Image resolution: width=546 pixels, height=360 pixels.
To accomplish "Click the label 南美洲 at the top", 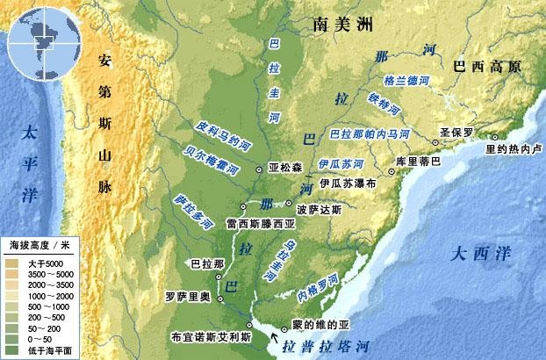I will [343, 26].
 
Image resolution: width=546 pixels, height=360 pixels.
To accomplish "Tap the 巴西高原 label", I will [485, 67].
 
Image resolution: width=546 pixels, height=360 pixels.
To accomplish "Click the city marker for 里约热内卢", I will [495, 137].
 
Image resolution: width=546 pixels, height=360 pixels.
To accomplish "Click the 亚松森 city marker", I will [259, 168].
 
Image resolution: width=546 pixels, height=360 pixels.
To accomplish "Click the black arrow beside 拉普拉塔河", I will [278, 337].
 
